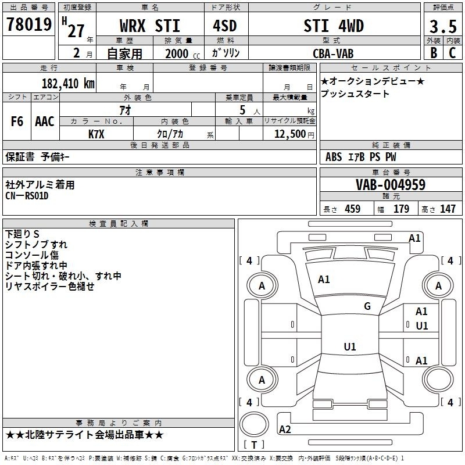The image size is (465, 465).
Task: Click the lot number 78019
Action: coord(29,24)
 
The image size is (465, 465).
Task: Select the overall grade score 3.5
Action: coord(443,26)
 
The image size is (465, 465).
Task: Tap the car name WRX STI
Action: coord(150,26)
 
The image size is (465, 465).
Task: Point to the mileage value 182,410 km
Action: coord(68,83)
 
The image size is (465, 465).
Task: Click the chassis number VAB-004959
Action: coord(391,184)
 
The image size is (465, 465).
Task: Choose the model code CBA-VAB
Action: coord(333,53)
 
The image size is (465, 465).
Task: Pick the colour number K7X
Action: coord(96,134)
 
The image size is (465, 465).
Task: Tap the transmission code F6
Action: coord(17,121)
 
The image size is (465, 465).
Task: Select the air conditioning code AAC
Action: coord(45,121)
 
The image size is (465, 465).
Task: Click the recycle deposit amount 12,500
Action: coord(289,134)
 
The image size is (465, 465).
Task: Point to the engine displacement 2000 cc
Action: coord(183,53)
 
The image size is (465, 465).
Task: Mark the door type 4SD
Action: coord(225,26)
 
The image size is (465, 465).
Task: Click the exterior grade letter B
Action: coord(434,53)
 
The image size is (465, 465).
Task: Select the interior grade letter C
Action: coord(452,53)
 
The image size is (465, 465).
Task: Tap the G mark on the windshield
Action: coord(367,306)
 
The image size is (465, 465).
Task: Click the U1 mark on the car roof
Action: coord(350,346)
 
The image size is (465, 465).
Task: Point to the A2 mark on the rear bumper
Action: coord(285,429)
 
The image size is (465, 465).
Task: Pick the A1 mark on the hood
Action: coord(324,280)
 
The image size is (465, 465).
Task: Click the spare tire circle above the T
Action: coord(254,424)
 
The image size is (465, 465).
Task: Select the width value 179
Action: coord(401,209)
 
